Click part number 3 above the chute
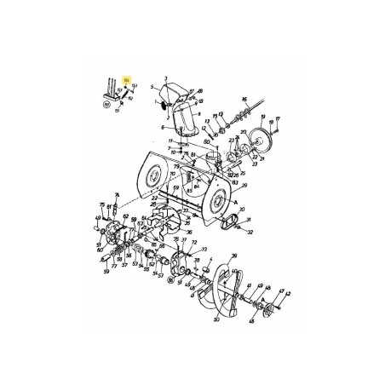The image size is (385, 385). coord(166,77)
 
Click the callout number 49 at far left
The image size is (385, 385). coord(96,243)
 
